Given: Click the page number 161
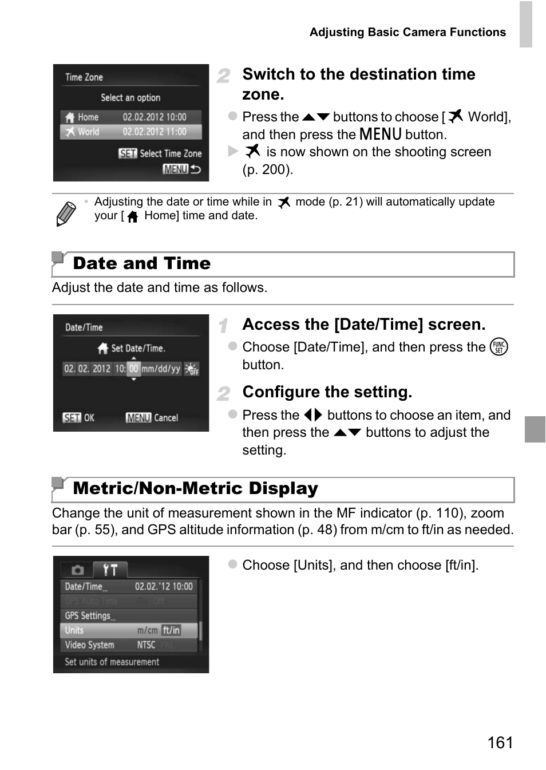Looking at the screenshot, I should click(x=500, y=743).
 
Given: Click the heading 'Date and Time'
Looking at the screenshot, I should click(x=141, y=263).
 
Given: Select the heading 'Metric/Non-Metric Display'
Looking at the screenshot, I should click(x=195, y=488).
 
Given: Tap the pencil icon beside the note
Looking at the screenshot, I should click(x=66, y=214).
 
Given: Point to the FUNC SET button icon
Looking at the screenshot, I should click(x=498, y=347).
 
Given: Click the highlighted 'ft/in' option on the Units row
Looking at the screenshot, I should click(x=171, y=630).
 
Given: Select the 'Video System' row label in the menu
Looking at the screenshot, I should click(x=89, y=645).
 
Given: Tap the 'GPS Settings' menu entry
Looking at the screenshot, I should click(x=89, y=616).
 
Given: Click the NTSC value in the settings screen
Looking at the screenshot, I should click(x=146, y=645).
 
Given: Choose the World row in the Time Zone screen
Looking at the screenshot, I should click(x=88, y=132).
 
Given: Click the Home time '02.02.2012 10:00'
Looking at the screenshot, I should click(x=155, y=117).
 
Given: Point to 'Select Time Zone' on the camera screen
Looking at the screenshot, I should click(x=171, y=153).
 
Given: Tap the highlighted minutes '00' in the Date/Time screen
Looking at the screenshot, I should click(x=133, y=369).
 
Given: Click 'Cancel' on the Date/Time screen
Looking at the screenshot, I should click(x=166, y=418).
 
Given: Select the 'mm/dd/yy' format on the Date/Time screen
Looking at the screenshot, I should click(x=161, y=369).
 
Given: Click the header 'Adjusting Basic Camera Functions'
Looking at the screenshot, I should click(x=407, y=33).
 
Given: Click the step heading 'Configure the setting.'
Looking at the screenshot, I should click(x=327, y=392).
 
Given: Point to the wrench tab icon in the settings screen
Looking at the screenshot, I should click(x=110, y=570).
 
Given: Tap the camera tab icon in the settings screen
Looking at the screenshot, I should click(x=78, y=570).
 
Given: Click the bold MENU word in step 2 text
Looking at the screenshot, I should click(x=381, y=135).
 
